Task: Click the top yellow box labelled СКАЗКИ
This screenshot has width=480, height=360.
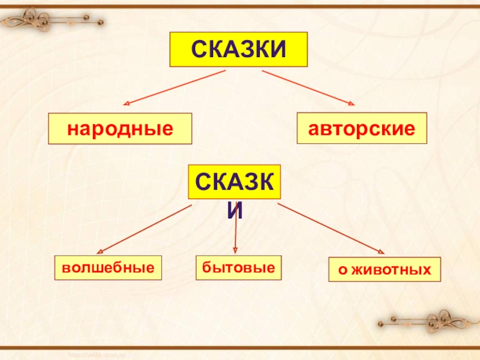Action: click(x=239, y=49)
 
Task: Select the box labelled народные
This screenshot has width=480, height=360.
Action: click(x=120, y=128)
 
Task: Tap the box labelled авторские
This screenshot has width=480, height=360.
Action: click(x=362, y=128)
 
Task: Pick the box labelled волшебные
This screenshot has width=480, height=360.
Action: click(x=109, y=268)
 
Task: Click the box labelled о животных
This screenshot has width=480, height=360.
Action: click(x=385, y=270)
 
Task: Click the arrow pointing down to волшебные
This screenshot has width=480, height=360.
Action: click(x=144, y=229)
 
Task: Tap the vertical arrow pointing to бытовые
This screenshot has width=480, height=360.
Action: click(x=236, y=231)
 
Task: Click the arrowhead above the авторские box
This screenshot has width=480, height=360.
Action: click(x=351, y=104)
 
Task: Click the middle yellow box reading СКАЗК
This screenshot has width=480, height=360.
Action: click(x=235, y=182)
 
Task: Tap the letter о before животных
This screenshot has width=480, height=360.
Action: click(x=342, y=271)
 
